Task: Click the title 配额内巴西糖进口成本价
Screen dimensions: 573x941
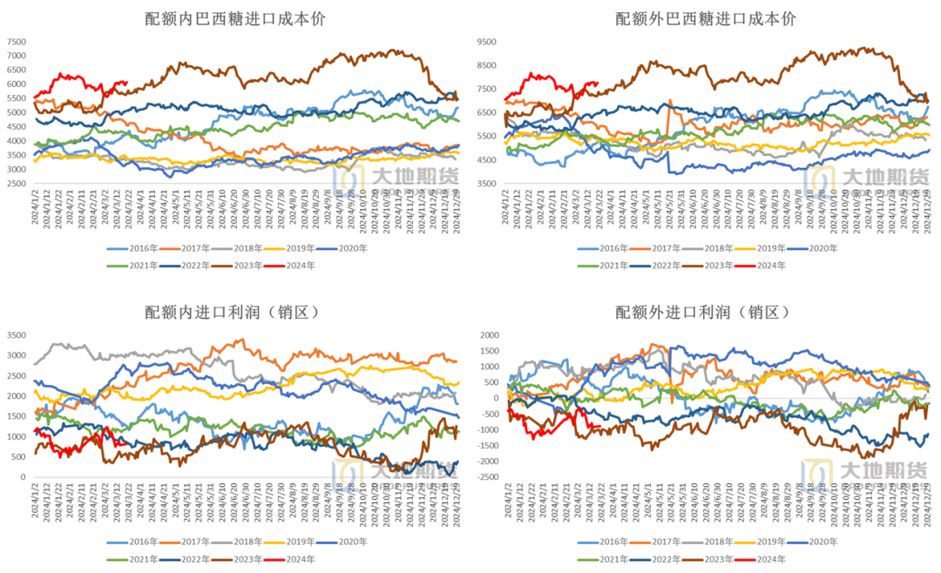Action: pos(234,18)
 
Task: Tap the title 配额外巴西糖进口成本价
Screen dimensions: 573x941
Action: pos(705,18)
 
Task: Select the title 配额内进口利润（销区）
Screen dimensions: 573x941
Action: pos(234,312)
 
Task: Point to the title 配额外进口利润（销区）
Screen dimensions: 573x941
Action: pos(705,312)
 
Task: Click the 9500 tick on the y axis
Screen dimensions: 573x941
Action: pos(486,42)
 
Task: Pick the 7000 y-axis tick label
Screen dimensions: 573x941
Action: pos(17,56)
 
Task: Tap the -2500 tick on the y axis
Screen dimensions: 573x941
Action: pos(484,477)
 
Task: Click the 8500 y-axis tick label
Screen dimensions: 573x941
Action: pos(486,65)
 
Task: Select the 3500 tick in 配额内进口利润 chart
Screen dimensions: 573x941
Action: pos(17,335)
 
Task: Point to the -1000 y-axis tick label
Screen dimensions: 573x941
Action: pos(484,430)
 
